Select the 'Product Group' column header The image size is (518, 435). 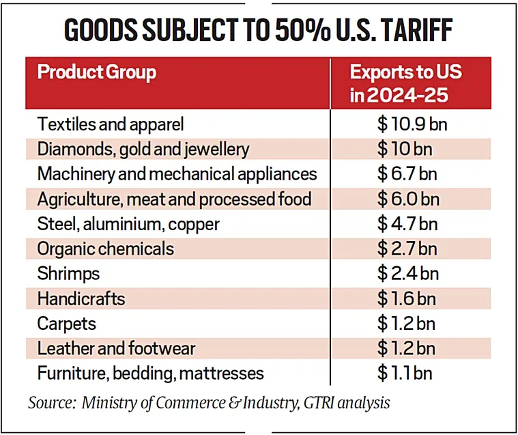[x=97, y=72]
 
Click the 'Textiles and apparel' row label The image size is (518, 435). [x=111, y=124]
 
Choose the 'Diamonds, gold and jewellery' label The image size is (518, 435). [x=143, y=149]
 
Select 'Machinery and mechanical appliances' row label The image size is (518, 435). [x=177, y=174]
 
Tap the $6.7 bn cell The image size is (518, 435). [x=407, y=174]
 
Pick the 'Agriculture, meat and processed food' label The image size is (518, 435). [x=174, y=199]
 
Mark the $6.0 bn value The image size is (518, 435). [x=408, y=199]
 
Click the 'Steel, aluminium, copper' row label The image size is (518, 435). [x=129, y=224]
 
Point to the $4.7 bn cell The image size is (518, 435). [x=407, y=224]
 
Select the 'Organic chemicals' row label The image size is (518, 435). [x=106, y=249]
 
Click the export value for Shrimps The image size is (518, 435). [x=407, y=274]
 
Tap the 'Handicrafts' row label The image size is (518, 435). [x=81, y=298]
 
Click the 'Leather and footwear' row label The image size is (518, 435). [x=116, y=348]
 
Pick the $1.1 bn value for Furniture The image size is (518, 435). [x=405, y=374]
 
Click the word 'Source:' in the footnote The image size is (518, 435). [x=50, y=402]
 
